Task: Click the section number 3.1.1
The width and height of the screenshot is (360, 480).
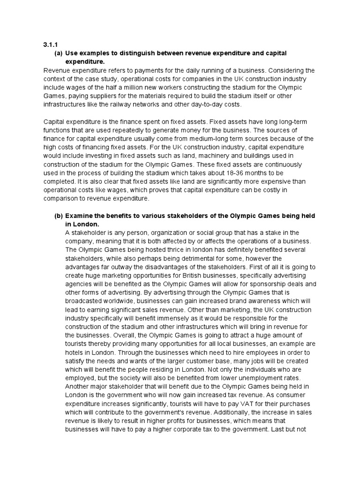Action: pyautogui.click(x=49, y=45)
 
